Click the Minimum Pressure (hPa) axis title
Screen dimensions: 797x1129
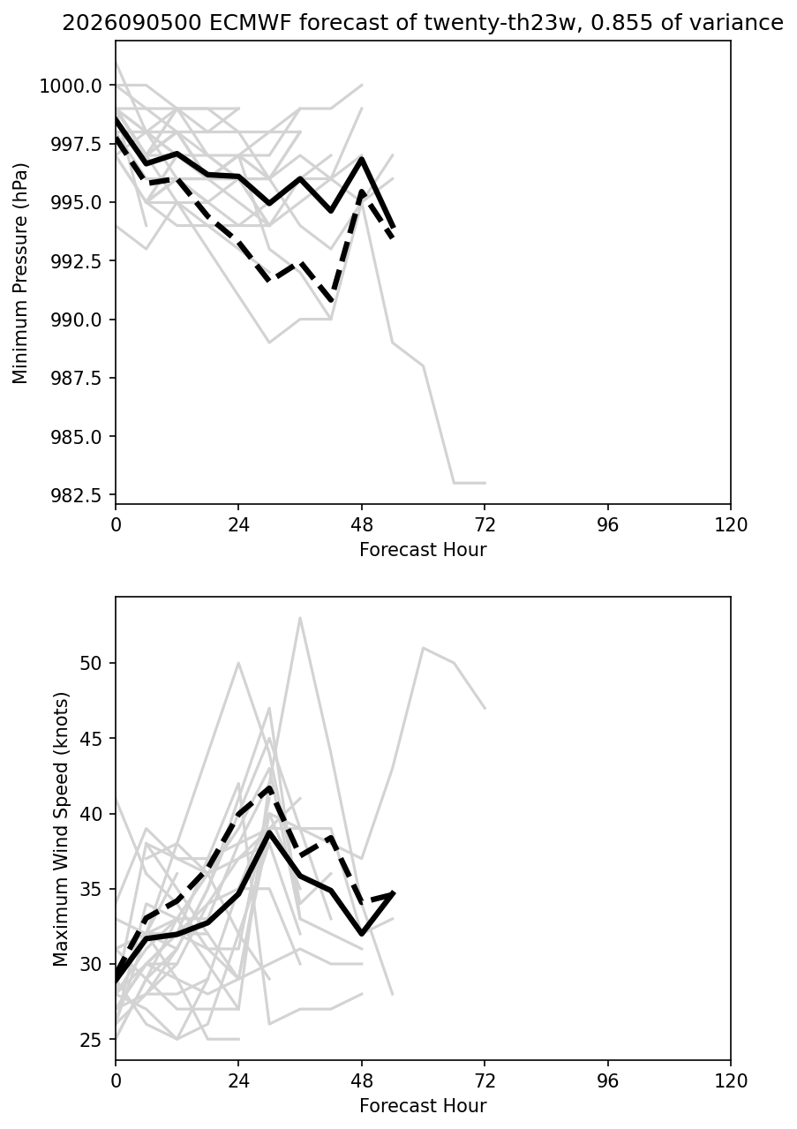(20, 273)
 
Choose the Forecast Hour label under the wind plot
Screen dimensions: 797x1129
(423, 1106)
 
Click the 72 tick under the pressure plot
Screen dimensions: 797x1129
(485, 525)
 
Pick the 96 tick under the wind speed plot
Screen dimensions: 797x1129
(608, 1081)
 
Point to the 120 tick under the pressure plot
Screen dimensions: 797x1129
(731, 525)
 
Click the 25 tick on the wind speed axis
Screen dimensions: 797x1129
(91, 1041)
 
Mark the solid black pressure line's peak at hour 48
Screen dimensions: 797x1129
(362, 159)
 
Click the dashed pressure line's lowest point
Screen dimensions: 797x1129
(331, 301)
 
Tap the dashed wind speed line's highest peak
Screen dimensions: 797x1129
(270, 787)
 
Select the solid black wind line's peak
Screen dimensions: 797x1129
(270, 832)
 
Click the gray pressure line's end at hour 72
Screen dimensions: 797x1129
(485, 483)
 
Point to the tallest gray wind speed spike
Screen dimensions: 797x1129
(300, 618)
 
